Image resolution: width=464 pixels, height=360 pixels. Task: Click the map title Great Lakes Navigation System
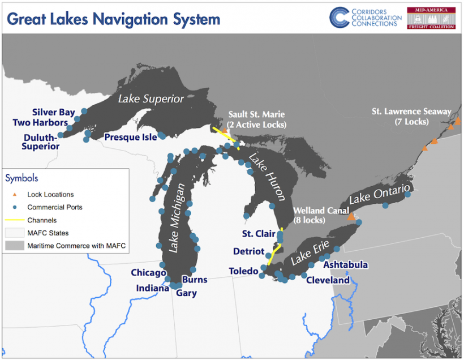(x=113, y=19)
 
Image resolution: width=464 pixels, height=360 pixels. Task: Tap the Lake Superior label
(x=151, y=98)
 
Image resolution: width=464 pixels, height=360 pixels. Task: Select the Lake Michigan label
(x=178, y=218)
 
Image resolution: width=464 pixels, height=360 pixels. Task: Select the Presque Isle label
(x=130, y=137)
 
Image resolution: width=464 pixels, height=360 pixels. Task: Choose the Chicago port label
(x=148, y=273)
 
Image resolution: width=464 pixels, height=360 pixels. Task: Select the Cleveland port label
(x=328, y=280)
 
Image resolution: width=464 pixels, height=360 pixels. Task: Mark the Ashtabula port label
(x=345, y=265)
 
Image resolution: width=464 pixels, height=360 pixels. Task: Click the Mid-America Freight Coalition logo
(x=431, y=18)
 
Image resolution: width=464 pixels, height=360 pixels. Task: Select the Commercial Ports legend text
(x=55, y=207)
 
